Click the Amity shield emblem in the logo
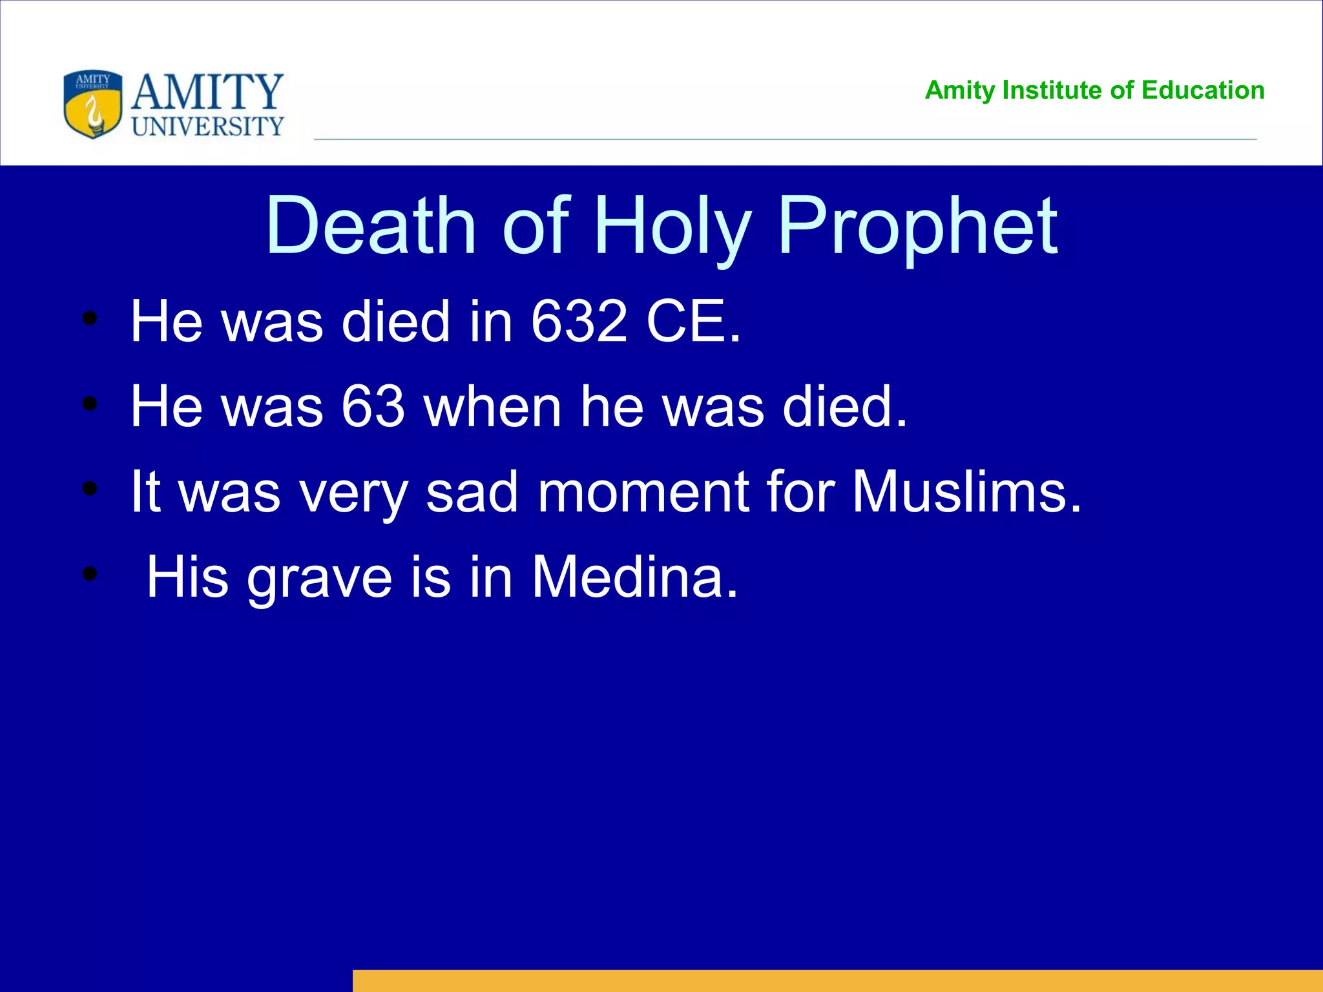93,104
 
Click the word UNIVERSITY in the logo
208,127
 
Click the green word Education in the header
1203,90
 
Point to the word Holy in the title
672,226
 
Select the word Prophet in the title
917,226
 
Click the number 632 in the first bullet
579,321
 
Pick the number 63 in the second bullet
373,406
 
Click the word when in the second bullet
492,406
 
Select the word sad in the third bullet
472,491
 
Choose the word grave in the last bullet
319,577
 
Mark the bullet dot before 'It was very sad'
90,488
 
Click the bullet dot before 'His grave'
90,573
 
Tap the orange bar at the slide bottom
837,980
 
